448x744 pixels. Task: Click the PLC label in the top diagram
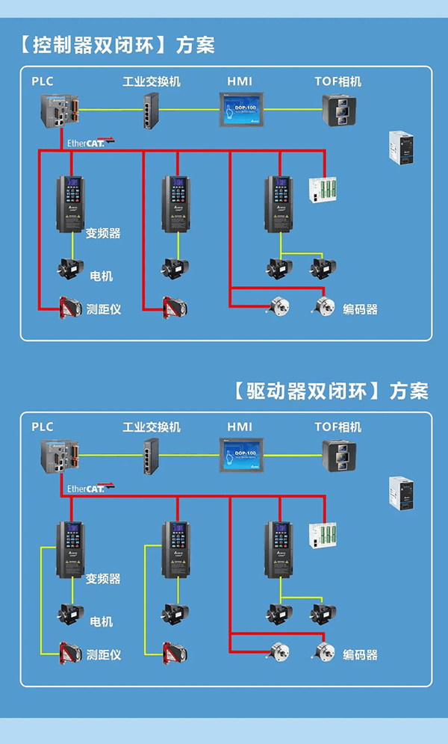click(x=43, y=81)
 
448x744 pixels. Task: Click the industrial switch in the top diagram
click(x=151, y=111)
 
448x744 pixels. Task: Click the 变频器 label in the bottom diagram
click(x=103, y=578)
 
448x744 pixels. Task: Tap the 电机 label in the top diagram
click(x=102, y=276)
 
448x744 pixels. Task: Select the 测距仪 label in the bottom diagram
click(x=104, y=655)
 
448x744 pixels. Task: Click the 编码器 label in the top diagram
click(x=360, y=309)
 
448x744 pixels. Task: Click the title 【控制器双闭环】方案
click(x=114, y=45)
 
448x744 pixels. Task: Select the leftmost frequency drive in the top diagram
click(x=72, y=203)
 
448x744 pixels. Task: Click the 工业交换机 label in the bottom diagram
click(x=152, y=427)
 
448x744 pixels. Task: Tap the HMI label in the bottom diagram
click(x=240, y=427)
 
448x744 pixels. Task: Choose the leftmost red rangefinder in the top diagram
click(x=72, y=307)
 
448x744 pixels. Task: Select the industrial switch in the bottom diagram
click(x=151, y=455)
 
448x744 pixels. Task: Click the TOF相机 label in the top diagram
click(x=337, y=81)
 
